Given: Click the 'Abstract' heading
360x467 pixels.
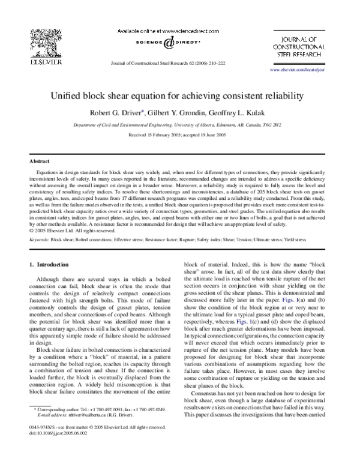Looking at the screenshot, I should click(40, 161).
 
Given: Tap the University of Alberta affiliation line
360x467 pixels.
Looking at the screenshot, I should click(181, 125).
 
